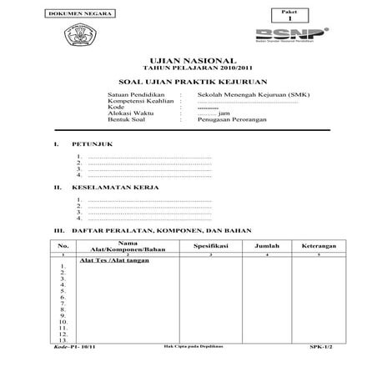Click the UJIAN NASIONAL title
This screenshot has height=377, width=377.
point(188,62)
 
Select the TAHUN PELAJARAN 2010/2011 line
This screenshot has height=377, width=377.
point(188,70)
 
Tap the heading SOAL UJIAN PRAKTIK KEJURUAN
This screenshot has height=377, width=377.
point(188,84)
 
